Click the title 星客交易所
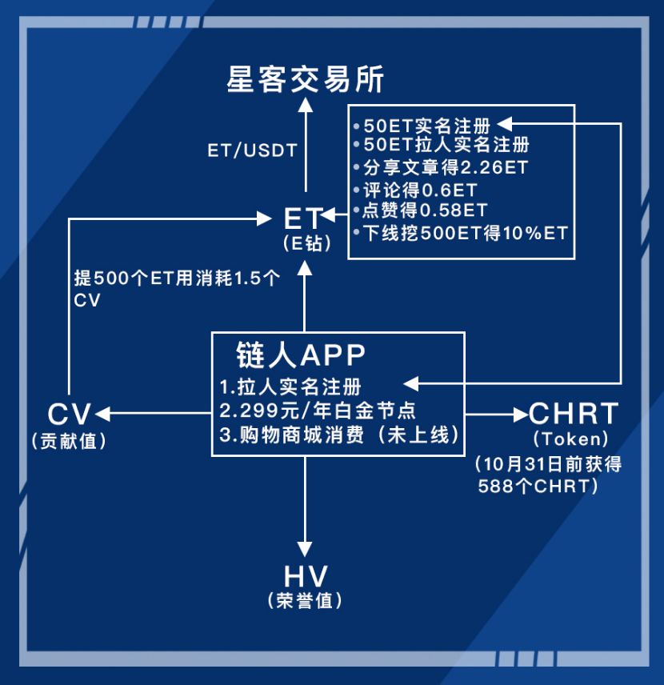[306, 80]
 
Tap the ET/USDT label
[252, 150]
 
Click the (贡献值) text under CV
[68, 440]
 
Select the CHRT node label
[574, 414]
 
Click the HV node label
[306, 576]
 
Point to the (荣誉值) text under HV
[305, 601]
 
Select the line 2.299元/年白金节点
[318, 411]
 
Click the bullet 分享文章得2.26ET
[441, 168]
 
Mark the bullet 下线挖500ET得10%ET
[460, 233]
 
